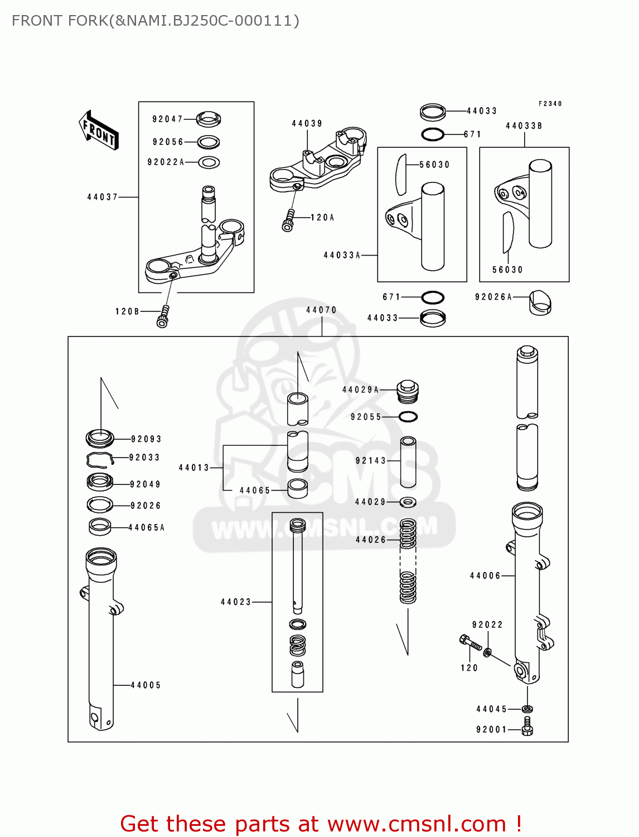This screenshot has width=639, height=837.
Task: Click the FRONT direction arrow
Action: (x=99, y=131)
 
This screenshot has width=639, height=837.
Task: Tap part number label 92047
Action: (x=167, y=119)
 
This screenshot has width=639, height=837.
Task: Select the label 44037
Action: (x=103, y=197)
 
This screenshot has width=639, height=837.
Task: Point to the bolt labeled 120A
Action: (x=289, y=220)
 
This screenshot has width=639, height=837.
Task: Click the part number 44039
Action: (x=307, y=123)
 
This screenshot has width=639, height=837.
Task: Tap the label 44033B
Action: (x=524, y=126)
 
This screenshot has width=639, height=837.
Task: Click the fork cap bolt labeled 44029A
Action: (x=408, y=391)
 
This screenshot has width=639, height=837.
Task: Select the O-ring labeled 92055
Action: (x=408, y=416)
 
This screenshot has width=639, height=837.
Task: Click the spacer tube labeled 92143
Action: (x=408, y=461)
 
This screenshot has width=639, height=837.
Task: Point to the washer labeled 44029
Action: (x=408, y=502)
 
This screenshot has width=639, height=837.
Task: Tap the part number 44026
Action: (x=371, y=540)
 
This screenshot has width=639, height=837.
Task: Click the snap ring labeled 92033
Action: (x=100, y=459)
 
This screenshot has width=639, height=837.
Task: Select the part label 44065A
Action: (x=147, y=527)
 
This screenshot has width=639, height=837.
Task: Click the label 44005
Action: (x=146, y=685)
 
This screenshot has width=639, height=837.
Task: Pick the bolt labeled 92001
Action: (x=527, y=727)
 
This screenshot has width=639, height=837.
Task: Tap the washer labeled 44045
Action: (x=527, y=709)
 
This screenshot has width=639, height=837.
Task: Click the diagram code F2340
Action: (x=550, y=104)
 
